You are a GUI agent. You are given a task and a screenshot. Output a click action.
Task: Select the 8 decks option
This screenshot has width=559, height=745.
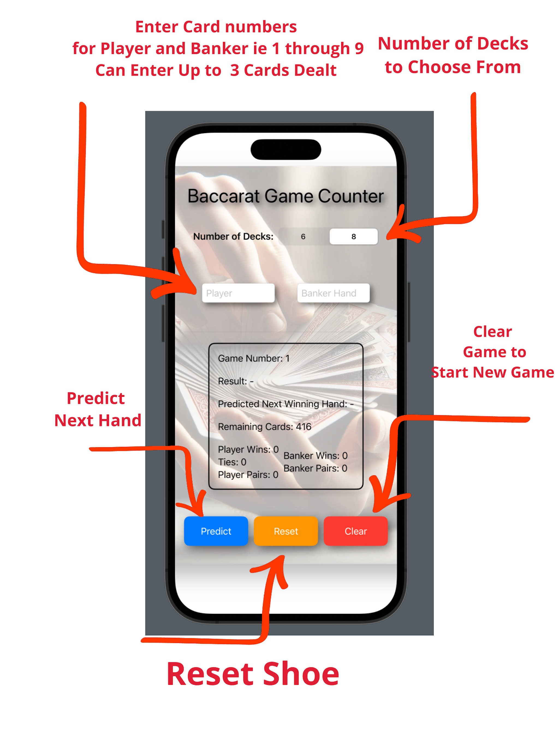[353, 236]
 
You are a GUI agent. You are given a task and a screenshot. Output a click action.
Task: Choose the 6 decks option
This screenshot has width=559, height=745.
[303, 236]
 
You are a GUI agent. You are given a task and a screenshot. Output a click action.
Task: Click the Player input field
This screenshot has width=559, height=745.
[238, 293]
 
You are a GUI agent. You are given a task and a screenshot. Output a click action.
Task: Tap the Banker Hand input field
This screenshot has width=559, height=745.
[333, 293]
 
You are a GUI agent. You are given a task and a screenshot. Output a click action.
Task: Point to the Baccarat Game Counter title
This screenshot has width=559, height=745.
[286, 196]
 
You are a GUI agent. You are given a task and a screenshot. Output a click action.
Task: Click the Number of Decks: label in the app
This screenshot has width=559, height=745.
[233, 236]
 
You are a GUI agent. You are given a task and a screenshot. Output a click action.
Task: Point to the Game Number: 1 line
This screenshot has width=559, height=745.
[254, 358]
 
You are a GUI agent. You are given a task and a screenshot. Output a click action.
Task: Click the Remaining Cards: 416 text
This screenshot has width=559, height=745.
[264, 427]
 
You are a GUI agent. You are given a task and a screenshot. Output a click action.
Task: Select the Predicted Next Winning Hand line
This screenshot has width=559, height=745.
[286, 404]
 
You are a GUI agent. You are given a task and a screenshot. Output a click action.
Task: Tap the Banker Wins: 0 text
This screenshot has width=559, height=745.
[315, 456]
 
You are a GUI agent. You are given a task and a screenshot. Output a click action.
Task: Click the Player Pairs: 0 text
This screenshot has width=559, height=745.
[248, 474]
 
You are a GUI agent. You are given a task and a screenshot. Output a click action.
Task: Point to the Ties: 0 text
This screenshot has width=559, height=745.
[232, 462]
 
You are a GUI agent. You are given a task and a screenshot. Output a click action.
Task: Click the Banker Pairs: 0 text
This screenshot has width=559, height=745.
[315, 468]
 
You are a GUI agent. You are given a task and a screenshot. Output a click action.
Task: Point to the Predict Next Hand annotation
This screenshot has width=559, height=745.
[97, 409]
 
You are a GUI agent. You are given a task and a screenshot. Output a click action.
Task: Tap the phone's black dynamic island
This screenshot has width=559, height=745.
[286, 149]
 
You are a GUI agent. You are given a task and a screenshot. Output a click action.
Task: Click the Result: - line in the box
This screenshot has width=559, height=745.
[235, 381]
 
